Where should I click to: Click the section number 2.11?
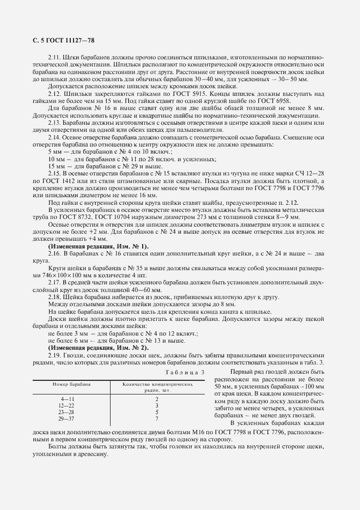pos(54,57)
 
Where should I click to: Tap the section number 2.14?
pos(54,139)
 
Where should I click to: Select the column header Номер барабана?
pos(71,384)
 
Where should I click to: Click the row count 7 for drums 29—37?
pos(156,418)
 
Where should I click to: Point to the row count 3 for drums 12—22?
pos(156,406)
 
